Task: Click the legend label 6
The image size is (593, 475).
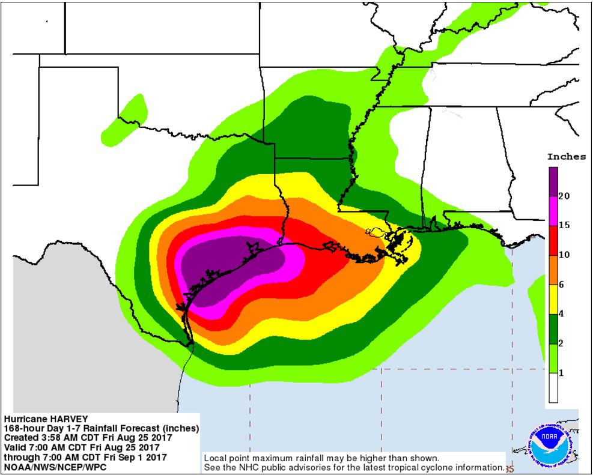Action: (561, 285)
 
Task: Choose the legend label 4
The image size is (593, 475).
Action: (561, 314)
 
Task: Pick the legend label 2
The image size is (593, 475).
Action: (561, 343)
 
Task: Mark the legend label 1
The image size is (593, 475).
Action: (561, 373)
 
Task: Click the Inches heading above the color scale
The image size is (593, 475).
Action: (566, 157)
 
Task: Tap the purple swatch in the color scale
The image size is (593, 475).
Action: (553, 181)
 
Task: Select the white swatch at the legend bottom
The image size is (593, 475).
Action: (553, 388)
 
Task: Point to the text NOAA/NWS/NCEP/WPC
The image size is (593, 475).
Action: (45, 466)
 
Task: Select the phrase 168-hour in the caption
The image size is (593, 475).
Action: (23, 429)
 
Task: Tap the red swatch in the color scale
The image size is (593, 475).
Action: (553, 241)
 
